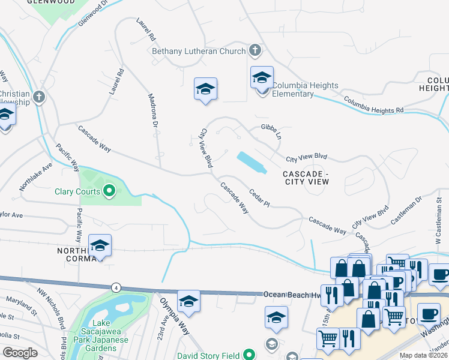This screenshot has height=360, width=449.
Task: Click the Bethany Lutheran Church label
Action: pos(199,52)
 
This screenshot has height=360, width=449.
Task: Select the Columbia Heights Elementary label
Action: pos(305,89)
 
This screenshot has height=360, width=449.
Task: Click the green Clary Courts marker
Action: pos(109,192)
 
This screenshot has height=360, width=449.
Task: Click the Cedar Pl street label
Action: pos(259,199)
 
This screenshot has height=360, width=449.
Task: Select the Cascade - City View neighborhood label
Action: pos(306,177)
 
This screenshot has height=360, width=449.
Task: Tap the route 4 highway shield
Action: pos(115,288)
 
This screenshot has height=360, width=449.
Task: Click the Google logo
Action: pos(20,353)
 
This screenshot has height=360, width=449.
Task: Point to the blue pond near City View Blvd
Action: pos(252,162)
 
